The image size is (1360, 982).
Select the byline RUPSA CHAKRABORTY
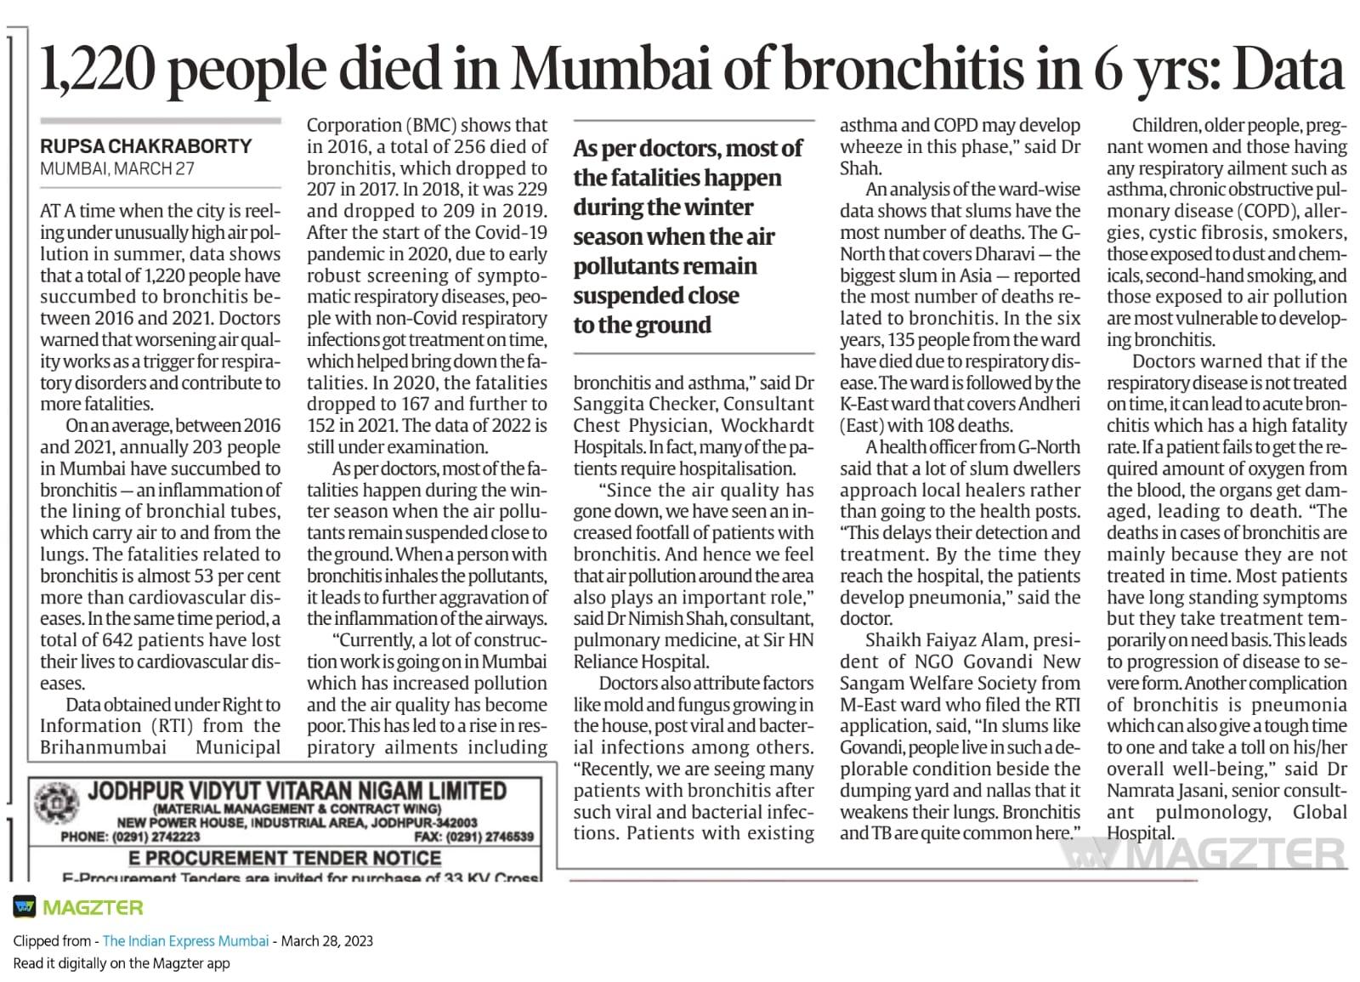146,146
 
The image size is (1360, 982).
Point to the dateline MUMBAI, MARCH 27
117,168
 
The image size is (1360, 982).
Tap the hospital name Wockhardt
767,425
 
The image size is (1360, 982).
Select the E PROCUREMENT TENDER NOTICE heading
289,857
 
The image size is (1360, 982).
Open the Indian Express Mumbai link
185,941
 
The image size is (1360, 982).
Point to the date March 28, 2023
326,941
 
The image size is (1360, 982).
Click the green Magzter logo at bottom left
78,907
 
